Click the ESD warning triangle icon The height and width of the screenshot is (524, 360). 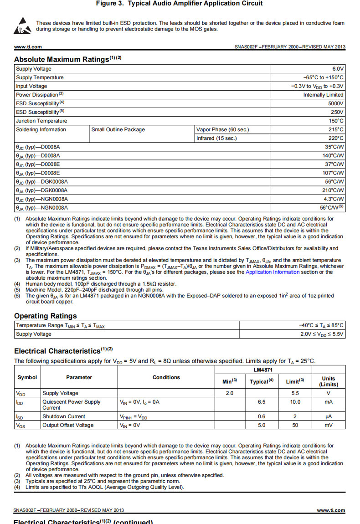(x=23, y=26)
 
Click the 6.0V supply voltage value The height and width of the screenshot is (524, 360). (x=338, y=69)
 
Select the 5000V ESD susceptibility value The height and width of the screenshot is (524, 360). (x=336, y=103)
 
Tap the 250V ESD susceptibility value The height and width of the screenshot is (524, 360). (x=337, y=112)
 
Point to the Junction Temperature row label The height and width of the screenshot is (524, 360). (x=41, y=121)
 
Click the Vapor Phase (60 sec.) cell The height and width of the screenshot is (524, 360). (x=223, y=129)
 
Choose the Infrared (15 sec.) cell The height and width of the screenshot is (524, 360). (x=217, y=138)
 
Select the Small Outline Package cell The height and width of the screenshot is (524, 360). (x=118, y=129)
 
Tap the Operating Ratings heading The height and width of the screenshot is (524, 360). (x=46, y=316)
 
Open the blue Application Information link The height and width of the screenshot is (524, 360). (x=273, y=272)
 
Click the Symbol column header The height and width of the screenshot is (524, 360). (x=27, y=377)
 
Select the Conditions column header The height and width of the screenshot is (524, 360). (x=166, y=377)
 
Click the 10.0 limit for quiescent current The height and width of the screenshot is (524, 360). (x=295, y=402)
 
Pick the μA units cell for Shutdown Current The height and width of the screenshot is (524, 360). (x=328, y=416)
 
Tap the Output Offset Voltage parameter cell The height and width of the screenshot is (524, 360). (x=68, y=425)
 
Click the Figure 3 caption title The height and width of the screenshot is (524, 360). (x=179, y=4)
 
